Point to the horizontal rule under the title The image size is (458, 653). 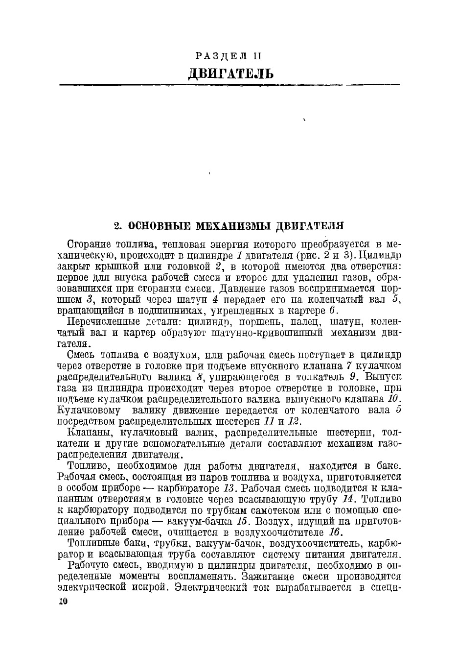pyautogui.click(x=229, y=85)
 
